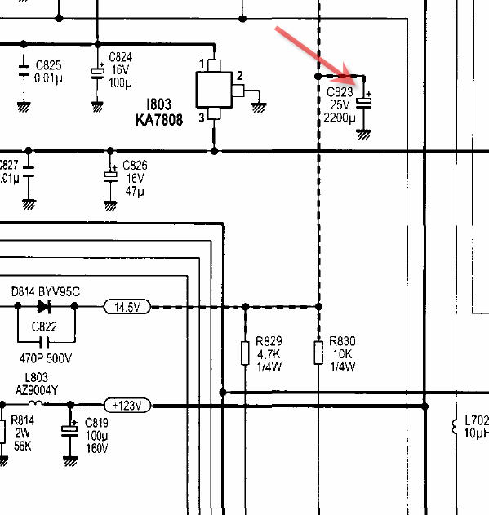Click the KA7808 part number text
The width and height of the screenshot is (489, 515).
click(x=159, y=119)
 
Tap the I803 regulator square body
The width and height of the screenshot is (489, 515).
click(x=214, y=90)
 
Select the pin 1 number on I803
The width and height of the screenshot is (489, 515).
click(x=202, y=63)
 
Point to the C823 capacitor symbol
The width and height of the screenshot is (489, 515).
click(x=364, y=103)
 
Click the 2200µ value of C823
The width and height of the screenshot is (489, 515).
click(x=340, y=118)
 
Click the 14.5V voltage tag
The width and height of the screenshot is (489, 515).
click(x=127, y=307)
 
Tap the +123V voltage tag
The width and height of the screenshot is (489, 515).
click(x=127, y=406)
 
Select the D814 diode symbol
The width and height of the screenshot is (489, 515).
click(x=44, y=306)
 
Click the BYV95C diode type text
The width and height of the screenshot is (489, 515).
click(x=59, y=291)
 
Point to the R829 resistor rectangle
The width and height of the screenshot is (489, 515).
click(x=245, y=353)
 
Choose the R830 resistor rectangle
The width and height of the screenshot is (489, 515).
click(x=318, y=353)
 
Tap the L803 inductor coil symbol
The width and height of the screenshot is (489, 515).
click(x=35, y=403)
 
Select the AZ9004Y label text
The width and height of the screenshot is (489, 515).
click(x=37, y=390)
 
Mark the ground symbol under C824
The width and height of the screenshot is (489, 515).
click(x=97, y=106)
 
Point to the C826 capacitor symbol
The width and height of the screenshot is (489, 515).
click(x=110, y=175)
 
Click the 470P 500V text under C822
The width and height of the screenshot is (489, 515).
click(x=46, y=358)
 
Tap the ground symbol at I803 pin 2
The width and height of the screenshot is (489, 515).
click(x=259, y=108)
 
